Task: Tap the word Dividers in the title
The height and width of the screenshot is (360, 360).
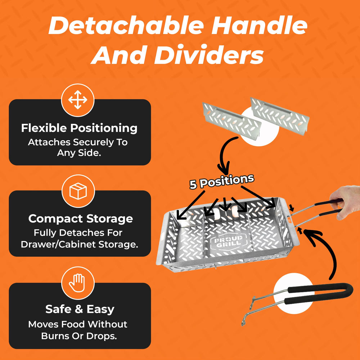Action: pyautogui.click(x=209, y=55)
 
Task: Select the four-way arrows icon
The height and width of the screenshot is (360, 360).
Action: pyautogui.click(x=78, y=100)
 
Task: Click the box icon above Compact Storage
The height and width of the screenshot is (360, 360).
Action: pyautogui.click(x=78, y=191)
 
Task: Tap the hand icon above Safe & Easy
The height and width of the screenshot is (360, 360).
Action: pyautogui.click(x=77, y=283)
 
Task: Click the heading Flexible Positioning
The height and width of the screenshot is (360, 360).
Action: pyautogui.click(x=79, y=128)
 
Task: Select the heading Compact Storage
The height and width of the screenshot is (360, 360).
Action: pyautogui.click(x=81, y=219)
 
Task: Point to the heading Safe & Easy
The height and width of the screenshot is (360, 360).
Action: pyautogui.click(x=80, y=309)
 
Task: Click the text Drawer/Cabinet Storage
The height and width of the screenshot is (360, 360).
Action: pyautogui.click(x=80, y=244)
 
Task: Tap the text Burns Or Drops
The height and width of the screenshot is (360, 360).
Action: pyautogui.click(x=79, y=336)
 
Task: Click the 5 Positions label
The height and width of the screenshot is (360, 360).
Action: pyautogui.click(x=222, y=181)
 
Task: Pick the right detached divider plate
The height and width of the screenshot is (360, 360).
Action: pyautogui.click(x=280, y=116)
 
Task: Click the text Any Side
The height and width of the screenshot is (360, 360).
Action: pyautogui.click(x=79, y=153)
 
